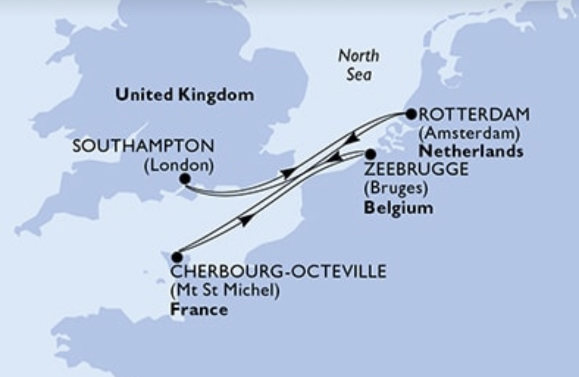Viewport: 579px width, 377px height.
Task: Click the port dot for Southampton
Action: (x=185, y=179)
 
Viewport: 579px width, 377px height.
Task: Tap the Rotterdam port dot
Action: (x=411, y=114)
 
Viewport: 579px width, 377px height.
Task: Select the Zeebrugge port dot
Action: (x=370, y=154)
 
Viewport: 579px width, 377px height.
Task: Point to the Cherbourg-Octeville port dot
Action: (x=177, y=257)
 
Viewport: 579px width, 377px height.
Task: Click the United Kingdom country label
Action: (x=184, y=95)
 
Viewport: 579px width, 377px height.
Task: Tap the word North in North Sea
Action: (x=359, y=57)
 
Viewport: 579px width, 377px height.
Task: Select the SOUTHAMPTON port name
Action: (x=143, y=146)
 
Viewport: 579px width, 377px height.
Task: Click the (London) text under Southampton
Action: (x=179, y=165)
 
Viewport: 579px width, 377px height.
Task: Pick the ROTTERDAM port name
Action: (x=474, y=115)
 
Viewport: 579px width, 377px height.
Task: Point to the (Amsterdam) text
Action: (x=468, y=133)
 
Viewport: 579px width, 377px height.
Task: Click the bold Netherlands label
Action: (x=471, y=151)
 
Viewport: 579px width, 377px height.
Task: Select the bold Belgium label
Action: (x=398, y=208)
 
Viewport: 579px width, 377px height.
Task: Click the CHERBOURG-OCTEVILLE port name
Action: (x=278, y=272)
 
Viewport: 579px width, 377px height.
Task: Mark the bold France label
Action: (x=199, y=310)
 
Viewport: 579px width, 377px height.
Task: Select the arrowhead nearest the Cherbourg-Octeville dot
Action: (x=245, y=221)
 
